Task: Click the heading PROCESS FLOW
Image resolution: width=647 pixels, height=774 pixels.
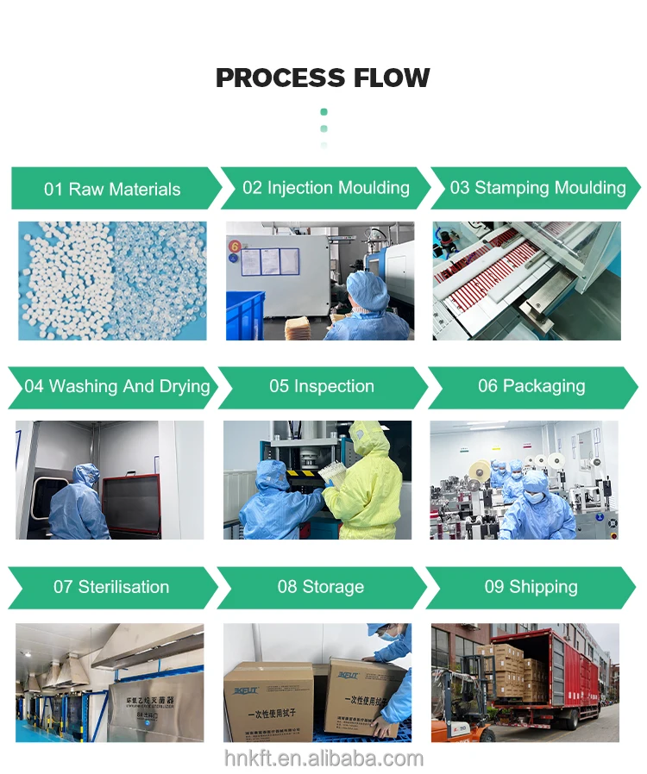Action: [x=323, y=78]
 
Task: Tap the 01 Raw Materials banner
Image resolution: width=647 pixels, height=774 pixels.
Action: [x=112, y=189]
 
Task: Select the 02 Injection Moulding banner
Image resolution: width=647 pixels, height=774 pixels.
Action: [x=325, y=188]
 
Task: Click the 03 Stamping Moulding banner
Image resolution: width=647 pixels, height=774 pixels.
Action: [x=537, y=188]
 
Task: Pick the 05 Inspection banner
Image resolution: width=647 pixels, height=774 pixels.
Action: [x=322, y=386]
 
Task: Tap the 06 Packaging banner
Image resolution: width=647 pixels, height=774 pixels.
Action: [x=531, y=386]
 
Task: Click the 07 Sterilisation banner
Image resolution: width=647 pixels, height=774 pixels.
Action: [x=111, y=587]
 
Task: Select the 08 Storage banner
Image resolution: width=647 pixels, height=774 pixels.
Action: [x=320, y=587]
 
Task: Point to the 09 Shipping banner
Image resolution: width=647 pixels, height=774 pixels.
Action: [x=531, y=587]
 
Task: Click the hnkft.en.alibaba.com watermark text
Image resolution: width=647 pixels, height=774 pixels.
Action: [x=323, y=758]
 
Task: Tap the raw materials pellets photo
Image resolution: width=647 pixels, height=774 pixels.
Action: [x=112, y=280]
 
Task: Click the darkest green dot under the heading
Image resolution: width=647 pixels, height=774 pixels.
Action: [x=323, y=112]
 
